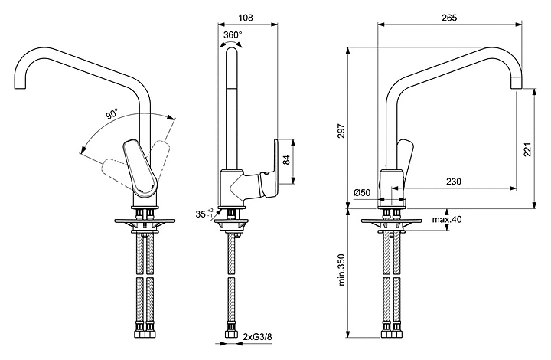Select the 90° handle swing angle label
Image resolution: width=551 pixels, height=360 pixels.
click(112, 115)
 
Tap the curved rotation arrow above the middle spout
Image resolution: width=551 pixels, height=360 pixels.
click(233, 46)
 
